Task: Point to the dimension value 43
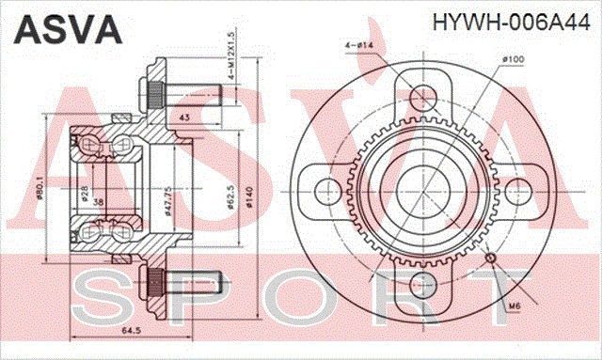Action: click(183, 117)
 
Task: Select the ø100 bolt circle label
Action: click(513, 60)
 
